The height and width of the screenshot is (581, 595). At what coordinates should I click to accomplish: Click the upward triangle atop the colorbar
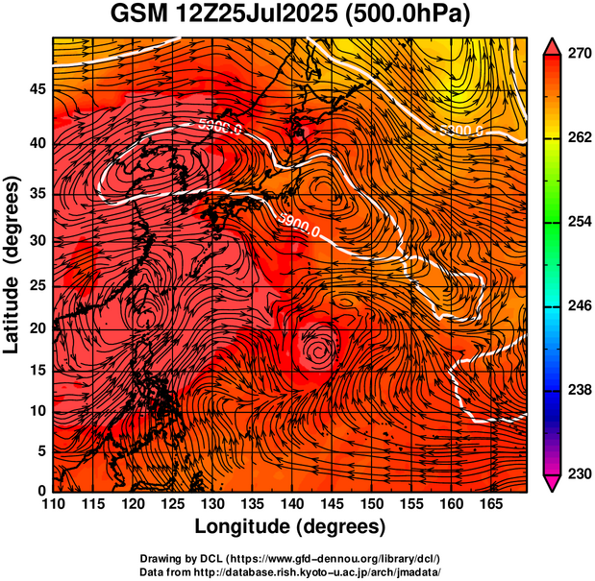[553, 46]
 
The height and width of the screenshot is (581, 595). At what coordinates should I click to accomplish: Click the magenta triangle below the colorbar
[553, 483]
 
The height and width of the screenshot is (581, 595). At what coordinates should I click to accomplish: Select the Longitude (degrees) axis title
[290, 526]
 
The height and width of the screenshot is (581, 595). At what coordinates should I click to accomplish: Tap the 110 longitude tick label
[53, 503]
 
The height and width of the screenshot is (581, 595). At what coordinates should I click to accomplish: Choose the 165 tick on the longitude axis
[489, 503]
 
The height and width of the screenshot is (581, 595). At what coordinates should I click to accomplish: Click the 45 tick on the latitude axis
[37, 88]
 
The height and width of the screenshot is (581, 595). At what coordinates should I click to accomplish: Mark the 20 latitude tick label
[37, 327]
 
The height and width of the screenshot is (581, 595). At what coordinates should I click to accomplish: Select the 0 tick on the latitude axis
[42, 491]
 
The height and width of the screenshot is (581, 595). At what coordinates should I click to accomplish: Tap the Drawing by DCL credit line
[290, 558]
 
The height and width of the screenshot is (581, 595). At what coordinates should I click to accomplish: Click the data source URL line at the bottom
[290, 571]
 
